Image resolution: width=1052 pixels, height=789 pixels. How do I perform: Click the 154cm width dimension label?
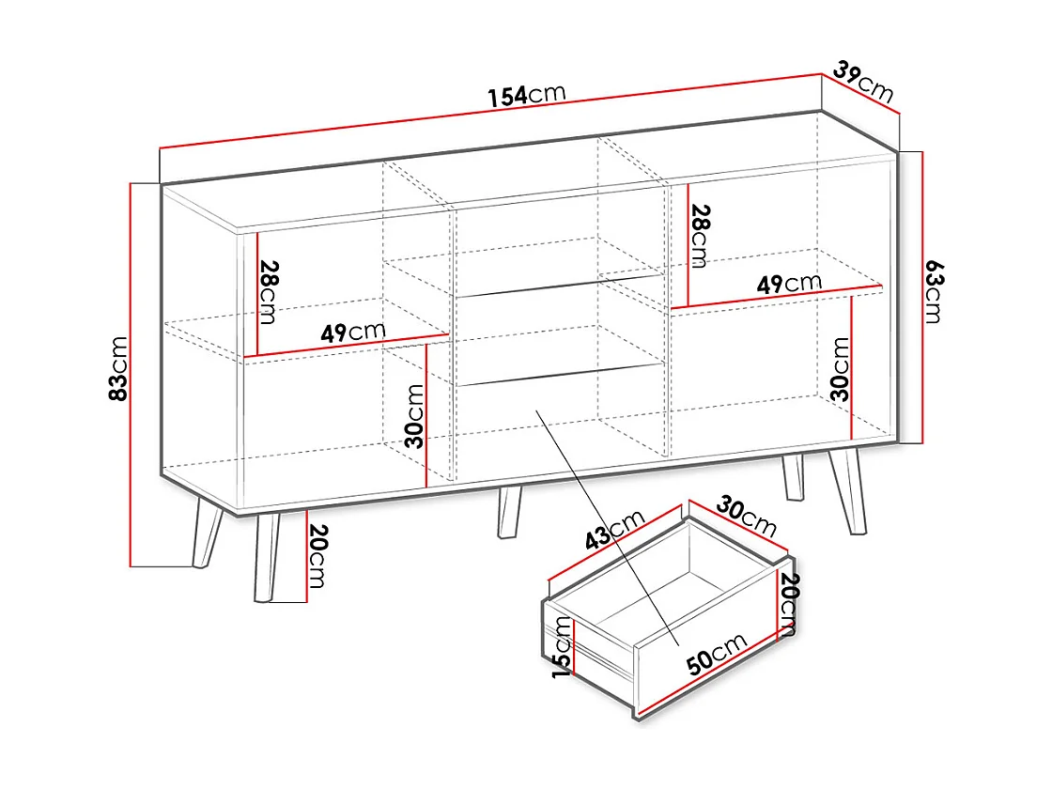click(526, 95)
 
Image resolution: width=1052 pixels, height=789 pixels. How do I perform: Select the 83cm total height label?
click(119, 369)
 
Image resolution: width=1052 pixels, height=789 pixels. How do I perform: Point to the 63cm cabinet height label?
click(932, 292)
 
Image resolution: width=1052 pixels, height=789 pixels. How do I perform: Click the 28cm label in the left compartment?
click(268, 292)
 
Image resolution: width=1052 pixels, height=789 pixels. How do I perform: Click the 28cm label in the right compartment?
click(700, 236)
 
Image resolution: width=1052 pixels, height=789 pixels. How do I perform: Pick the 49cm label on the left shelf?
click(353, 332)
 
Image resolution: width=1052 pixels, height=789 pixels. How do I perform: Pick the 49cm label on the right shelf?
click(789, 283)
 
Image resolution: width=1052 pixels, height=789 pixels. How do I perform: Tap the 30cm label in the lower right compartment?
click(841, 369)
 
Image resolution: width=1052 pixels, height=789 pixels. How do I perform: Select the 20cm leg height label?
click(317, 557)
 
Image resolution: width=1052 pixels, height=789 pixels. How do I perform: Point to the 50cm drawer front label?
click(716, 654)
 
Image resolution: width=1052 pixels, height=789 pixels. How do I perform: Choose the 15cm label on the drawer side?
click(562, 645)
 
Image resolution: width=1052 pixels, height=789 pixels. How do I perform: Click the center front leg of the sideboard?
click(509, 513)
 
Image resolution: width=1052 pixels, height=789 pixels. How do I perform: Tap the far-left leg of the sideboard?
click(208, 534)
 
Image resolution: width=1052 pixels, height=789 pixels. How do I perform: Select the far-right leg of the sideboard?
click(850, 491)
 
